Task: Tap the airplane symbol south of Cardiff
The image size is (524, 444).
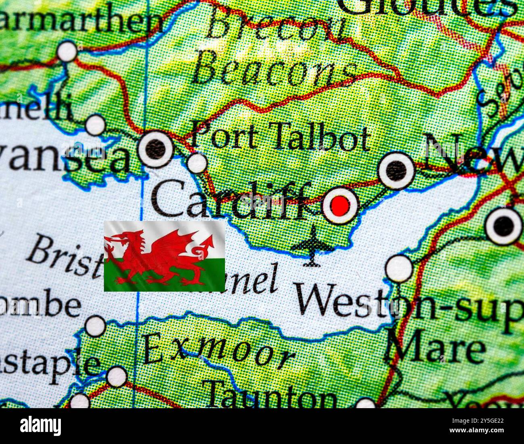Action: [x=312, y=246]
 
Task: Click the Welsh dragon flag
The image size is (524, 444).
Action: [x=164, y=256]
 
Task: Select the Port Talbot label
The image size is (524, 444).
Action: [x=280, y=138]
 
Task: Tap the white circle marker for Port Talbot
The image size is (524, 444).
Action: [x=198, y=163]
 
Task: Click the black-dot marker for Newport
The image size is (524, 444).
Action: [x=397, y=170]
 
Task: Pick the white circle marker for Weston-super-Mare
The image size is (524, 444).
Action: [x=399, y=268]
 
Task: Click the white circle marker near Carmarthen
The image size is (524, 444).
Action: [x=67, y=52]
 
